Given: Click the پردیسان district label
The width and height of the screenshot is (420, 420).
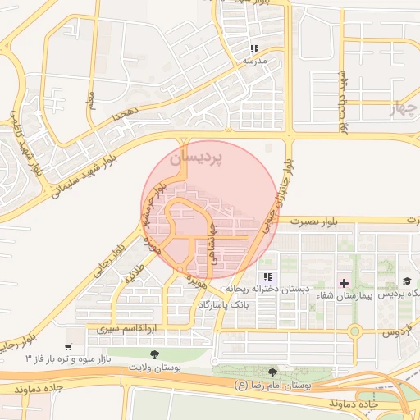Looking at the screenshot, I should coord(195,159).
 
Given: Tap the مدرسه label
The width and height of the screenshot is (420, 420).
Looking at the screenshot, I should coord(254,62).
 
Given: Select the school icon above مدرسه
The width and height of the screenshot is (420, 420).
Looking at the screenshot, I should coord(254,49).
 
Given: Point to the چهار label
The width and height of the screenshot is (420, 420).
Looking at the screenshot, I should coord(403,107).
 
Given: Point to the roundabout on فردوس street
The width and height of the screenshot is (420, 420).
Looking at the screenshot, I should coord(354,331).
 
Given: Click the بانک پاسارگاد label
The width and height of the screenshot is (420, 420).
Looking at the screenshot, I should coord(222,304).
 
